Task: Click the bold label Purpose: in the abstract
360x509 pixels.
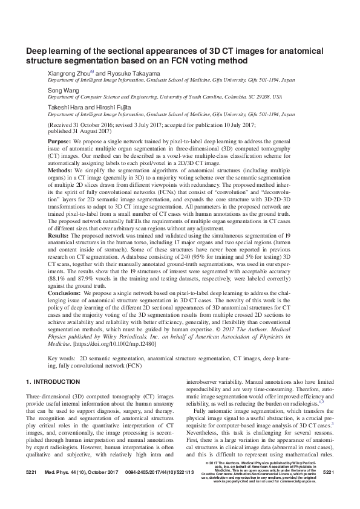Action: pos(60,140)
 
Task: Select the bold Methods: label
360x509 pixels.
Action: pos(61,171)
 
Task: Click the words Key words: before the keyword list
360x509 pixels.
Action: pos(61,359)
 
